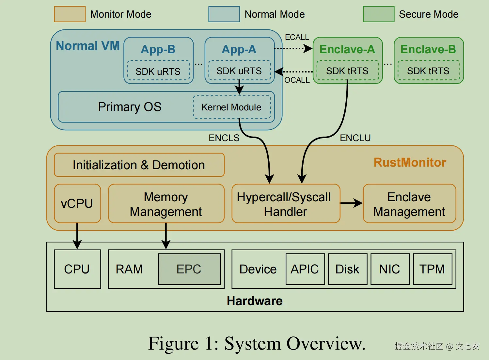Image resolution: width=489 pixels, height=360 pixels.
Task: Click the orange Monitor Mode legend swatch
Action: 70,14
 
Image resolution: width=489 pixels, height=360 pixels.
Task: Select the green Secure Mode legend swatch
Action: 378,14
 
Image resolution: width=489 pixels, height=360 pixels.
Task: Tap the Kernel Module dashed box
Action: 232,107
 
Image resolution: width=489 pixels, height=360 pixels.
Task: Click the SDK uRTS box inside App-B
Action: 158,71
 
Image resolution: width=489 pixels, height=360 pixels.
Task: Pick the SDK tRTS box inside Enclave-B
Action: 428,71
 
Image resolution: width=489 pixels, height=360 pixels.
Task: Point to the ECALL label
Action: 297,37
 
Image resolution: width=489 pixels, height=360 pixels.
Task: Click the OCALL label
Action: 297,80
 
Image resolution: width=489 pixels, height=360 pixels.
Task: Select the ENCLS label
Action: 224,138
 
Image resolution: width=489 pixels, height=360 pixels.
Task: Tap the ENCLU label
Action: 355,138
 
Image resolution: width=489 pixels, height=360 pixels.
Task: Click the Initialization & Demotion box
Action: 139,165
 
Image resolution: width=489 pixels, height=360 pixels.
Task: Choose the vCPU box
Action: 77,204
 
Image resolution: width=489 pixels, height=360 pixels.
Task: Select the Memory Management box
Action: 166,204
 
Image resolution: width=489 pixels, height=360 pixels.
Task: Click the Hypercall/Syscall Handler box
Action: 286,204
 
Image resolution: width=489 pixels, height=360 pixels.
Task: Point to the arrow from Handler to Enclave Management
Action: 351,203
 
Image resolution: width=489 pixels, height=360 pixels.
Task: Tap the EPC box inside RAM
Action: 189,269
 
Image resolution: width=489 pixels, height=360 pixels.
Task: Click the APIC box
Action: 305,269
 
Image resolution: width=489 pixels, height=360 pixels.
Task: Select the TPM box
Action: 432,269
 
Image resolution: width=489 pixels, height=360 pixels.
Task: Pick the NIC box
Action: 390,269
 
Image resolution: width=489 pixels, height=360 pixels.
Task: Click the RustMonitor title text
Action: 410,162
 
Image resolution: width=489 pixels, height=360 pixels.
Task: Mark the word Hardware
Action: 255,301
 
